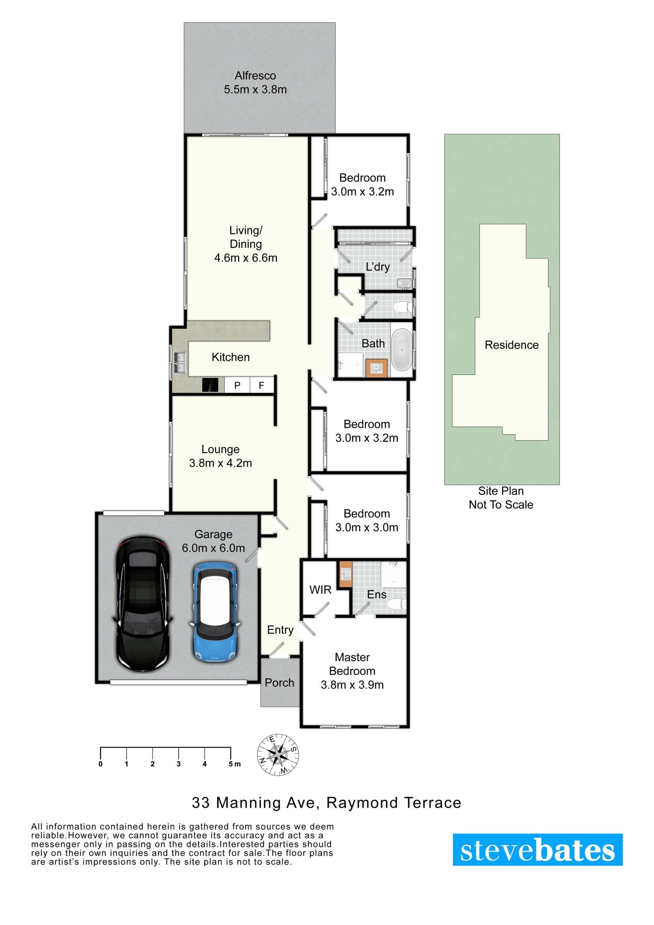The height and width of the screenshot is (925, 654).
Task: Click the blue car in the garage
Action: tap(216, 613)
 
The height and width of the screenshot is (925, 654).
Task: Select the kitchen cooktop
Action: tap(210, 385)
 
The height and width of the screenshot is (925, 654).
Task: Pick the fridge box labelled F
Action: tap(262, 385)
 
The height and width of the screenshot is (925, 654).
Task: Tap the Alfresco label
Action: tap(255, 76)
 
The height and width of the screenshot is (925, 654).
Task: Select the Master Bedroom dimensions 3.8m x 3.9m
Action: tap(352, 684)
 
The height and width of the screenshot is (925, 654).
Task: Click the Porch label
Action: tap(279, 682)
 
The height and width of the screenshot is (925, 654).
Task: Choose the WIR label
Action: tap(320, 590)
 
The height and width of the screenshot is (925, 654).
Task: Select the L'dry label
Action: tap(377, 267)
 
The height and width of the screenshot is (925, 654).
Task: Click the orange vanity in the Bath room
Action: tap(376, 368)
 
